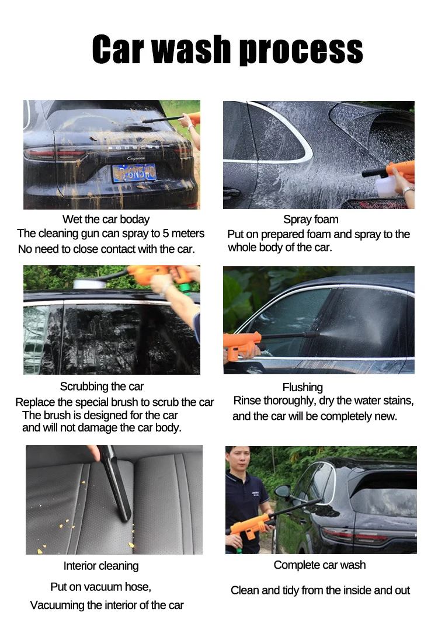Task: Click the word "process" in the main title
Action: (301, 50)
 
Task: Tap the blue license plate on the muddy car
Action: (134, 172)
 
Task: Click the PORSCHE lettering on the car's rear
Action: (134, 148)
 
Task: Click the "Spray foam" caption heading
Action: (311, 220)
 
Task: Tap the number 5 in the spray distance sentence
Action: (166, 234)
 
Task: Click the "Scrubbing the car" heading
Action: (102, 387)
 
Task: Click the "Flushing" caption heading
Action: (303, 387)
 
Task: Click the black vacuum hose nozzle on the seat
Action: (116, 483)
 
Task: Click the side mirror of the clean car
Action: (283, 491)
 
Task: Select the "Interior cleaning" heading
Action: (101, 566)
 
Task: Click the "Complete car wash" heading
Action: (319, 565)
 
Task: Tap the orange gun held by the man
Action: (251, 527)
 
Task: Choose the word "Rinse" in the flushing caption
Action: (246, 401)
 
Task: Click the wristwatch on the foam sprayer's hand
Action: (408, 190)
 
